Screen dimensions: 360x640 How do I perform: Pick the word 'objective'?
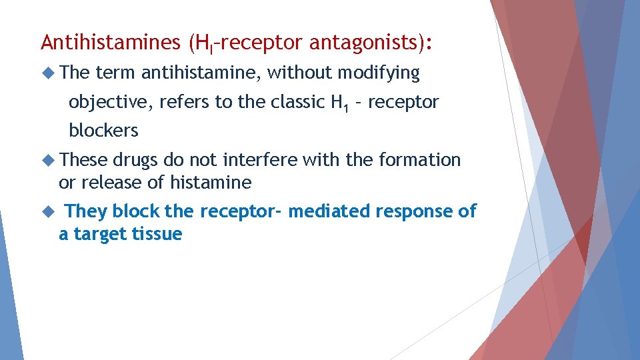pos(111,103)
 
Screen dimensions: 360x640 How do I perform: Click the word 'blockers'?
pos(103,131)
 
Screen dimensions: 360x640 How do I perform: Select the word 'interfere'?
pos(260,160)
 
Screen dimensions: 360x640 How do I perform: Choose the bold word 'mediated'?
pos(329,211)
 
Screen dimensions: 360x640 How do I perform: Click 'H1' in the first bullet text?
pos(339,103)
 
